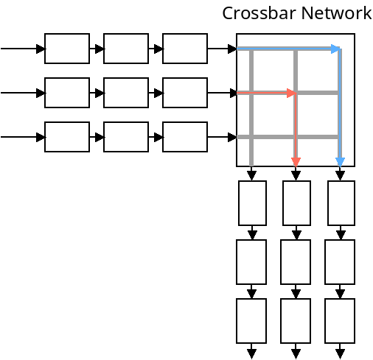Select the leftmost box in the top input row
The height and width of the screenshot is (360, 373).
click(x=67, y=49)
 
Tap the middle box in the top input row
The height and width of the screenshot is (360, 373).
click(x=126, y=49)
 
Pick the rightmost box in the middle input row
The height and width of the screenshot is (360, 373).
click(x=185, y=93)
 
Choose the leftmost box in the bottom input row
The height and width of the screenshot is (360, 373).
click(x=67, y=137)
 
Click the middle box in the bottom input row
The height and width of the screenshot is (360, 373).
click(x=126, y=137)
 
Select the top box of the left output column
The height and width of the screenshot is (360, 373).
click(x=252, y=203)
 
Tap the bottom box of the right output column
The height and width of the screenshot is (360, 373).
click(x=340, y=321)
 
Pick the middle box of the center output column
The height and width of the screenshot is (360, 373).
click(x=296, y=262)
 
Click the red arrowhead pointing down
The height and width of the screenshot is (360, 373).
click(x=296, y=161)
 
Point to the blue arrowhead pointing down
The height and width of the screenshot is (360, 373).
click(x=340, y=161)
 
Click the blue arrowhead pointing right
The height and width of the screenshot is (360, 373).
click(x=335, y=49)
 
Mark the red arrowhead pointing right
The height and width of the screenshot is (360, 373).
click(x=291, y=93)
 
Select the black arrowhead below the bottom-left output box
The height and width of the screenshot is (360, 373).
click(x=251, y=353)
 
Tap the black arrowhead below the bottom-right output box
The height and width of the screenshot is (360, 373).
click(x=340, y=353)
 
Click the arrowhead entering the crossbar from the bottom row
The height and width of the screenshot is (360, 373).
click(x=232, y=137)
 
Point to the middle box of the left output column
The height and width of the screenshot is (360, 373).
click(x=251, y=262)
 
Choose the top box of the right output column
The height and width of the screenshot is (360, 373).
click(x=341, y=203)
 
